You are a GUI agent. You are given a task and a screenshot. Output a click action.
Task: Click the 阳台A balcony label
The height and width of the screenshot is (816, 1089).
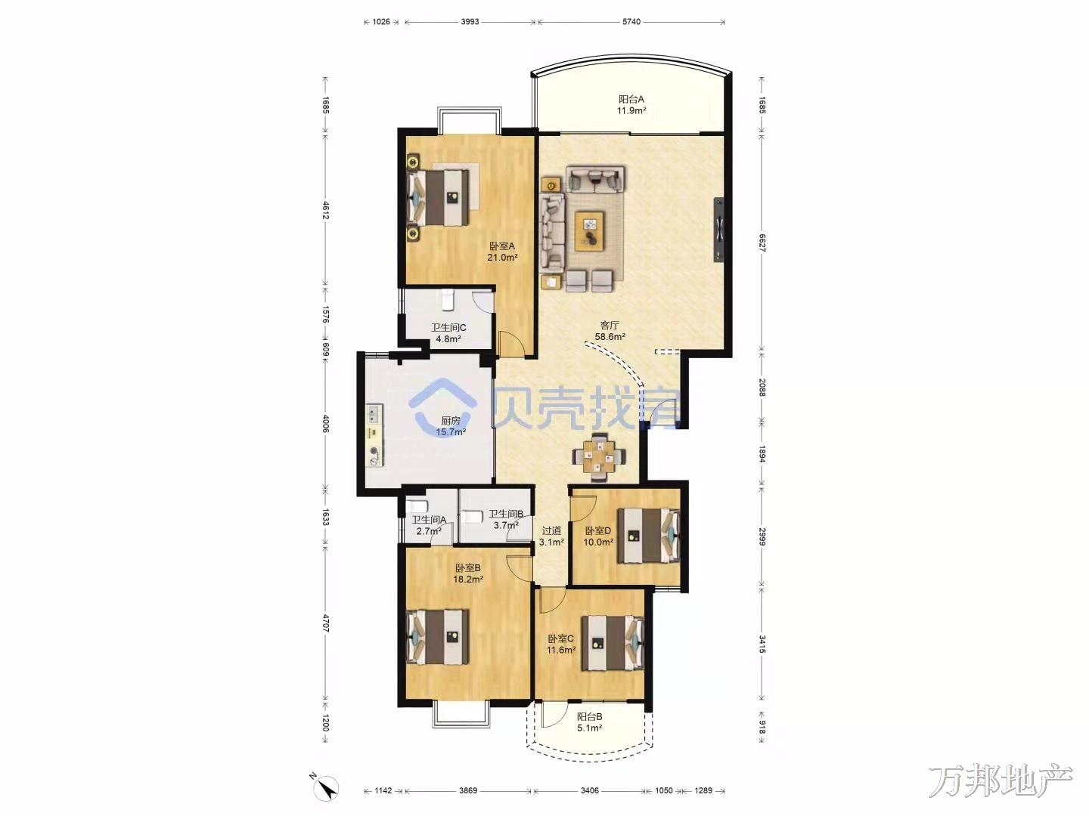tap(631, 104)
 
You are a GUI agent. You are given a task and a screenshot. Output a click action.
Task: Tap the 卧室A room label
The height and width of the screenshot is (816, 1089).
tap(502, 251)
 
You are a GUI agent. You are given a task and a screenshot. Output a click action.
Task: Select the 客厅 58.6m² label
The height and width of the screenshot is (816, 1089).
tap(610, 331)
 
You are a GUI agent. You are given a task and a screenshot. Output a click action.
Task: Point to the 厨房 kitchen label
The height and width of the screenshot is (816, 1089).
tap(451, 426)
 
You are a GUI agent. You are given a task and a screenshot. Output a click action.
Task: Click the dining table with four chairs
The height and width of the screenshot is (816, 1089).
tap(599, 457)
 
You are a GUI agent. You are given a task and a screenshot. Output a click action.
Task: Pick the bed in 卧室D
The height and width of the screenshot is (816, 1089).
tap(648, 536)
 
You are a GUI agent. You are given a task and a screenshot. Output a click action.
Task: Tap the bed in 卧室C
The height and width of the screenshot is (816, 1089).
tap(613, 642)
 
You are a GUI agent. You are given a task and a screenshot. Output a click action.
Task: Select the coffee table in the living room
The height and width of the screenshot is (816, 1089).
tap(589, 231)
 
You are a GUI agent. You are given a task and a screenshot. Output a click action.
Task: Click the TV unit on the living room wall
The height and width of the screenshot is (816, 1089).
tap(719, 230)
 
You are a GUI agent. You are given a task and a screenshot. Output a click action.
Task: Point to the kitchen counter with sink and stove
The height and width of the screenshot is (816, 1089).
tap(374, 436)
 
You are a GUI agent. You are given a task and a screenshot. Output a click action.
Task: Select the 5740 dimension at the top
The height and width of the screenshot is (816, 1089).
tap(631, 22)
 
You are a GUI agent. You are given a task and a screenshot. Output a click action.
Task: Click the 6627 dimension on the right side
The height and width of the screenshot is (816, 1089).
tap(762, 243)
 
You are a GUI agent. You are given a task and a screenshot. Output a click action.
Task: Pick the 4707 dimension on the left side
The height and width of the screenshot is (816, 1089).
tap(325, 623)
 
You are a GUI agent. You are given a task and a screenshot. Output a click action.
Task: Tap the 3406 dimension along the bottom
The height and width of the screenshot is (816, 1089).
tap(589, 791)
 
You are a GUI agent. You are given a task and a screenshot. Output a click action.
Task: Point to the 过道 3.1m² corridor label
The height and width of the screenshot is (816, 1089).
tap(551, 536)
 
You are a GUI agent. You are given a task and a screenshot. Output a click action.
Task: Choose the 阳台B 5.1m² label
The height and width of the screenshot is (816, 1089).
tap(589, 722)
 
